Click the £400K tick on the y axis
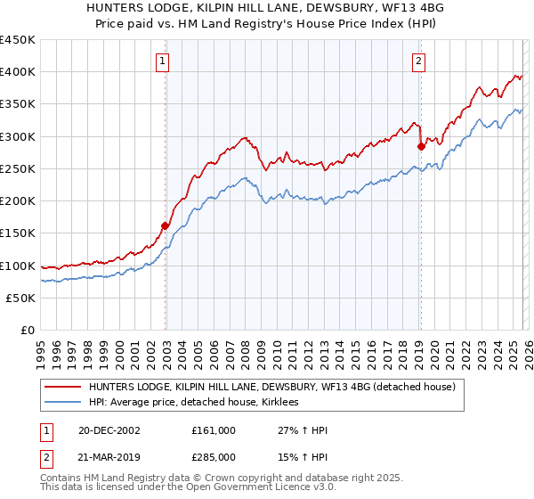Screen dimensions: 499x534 (x=18, y=72)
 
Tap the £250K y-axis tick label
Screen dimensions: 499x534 (x=18, y=168)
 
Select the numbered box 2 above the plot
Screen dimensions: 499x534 (x=418, y=61)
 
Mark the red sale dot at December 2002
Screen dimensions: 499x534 (x=166, y=225)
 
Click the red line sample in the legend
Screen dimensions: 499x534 (x=62, y=387)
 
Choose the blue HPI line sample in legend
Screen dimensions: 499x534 (x=62, y=402)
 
